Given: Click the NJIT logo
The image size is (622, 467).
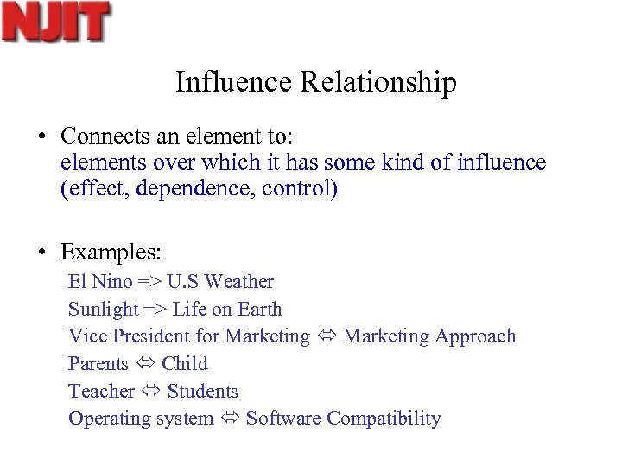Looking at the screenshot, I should pos(56,22).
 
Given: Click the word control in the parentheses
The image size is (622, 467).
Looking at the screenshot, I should pos(297,189).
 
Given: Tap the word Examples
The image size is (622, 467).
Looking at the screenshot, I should pos(111,253).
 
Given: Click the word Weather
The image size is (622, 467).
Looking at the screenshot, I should pos(239,281).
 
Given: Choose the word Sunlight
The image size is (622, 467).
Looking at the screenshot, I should pos(103,309).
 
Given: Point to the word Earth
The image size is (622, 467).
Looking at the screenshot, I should pos(259,309).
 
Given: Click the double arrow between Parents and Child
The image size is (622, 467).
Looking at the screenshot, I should pos(145,364).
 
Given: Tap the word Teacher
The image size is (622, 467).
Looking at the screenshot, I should pos(101,391).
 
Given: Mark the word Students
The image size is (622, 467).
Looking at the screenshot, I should pos(202,391).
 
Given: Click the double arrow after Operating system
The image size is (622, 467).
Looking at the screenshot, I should pos(230,419).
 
